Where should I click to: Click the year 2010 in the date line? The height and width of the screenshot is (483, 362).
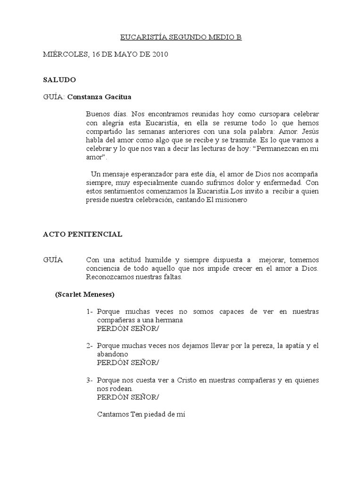tap(160, 55)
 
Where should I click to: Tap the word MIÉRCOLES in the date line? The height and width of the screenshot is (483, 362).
tap(65, 55)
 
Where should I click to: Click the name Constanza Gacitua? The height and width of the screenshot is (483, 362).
tap(99, 97)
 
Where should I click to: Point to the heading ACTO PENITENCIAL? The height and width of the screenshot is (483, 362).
tap(82, 234)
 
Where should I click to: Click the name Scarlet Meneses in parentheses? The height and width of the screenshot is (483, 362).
tap(84, 294)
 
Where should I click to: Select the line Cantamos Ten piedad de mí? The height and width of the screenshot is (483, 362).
tap(141, 415)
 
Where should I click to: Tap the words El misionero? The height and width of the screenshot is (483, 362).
tap(229, 200)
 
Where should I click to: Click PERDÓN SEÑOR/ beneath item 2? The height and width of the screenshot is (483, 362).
tap(128, 362)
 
